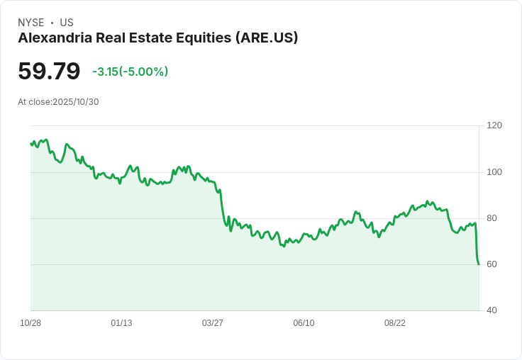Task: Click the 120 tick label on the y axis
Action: click(x=494, y=125)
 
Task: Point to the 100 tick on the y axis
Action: click(x=494, y=172)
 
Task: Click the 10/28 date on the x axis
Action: click(x=30, y=323)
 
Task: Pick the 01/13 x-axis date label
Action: click(x=121, y=323)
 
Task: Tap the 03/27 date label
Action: click(x=213, y=323)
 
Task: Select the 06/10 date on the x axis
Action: click(x=304, y=323)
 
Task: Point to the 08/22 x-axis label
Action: click(x=395, y=323)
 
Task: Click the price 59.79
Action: click(x=49, y=72)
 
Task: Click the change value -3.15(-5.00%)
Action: click(x=130, y=72)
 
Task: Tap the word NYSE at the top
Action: click(x=32, y=23)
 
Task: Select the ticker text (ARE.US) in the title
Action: click(x=266, y=38)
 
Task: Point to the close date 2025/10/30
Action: click(x=76, y=102)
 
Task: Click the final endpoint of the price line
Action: click(x=479, y=264)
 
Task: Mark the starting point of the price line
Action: click(x=30, y=144)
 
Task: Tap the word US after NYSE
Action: click(x=67, y=23)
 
